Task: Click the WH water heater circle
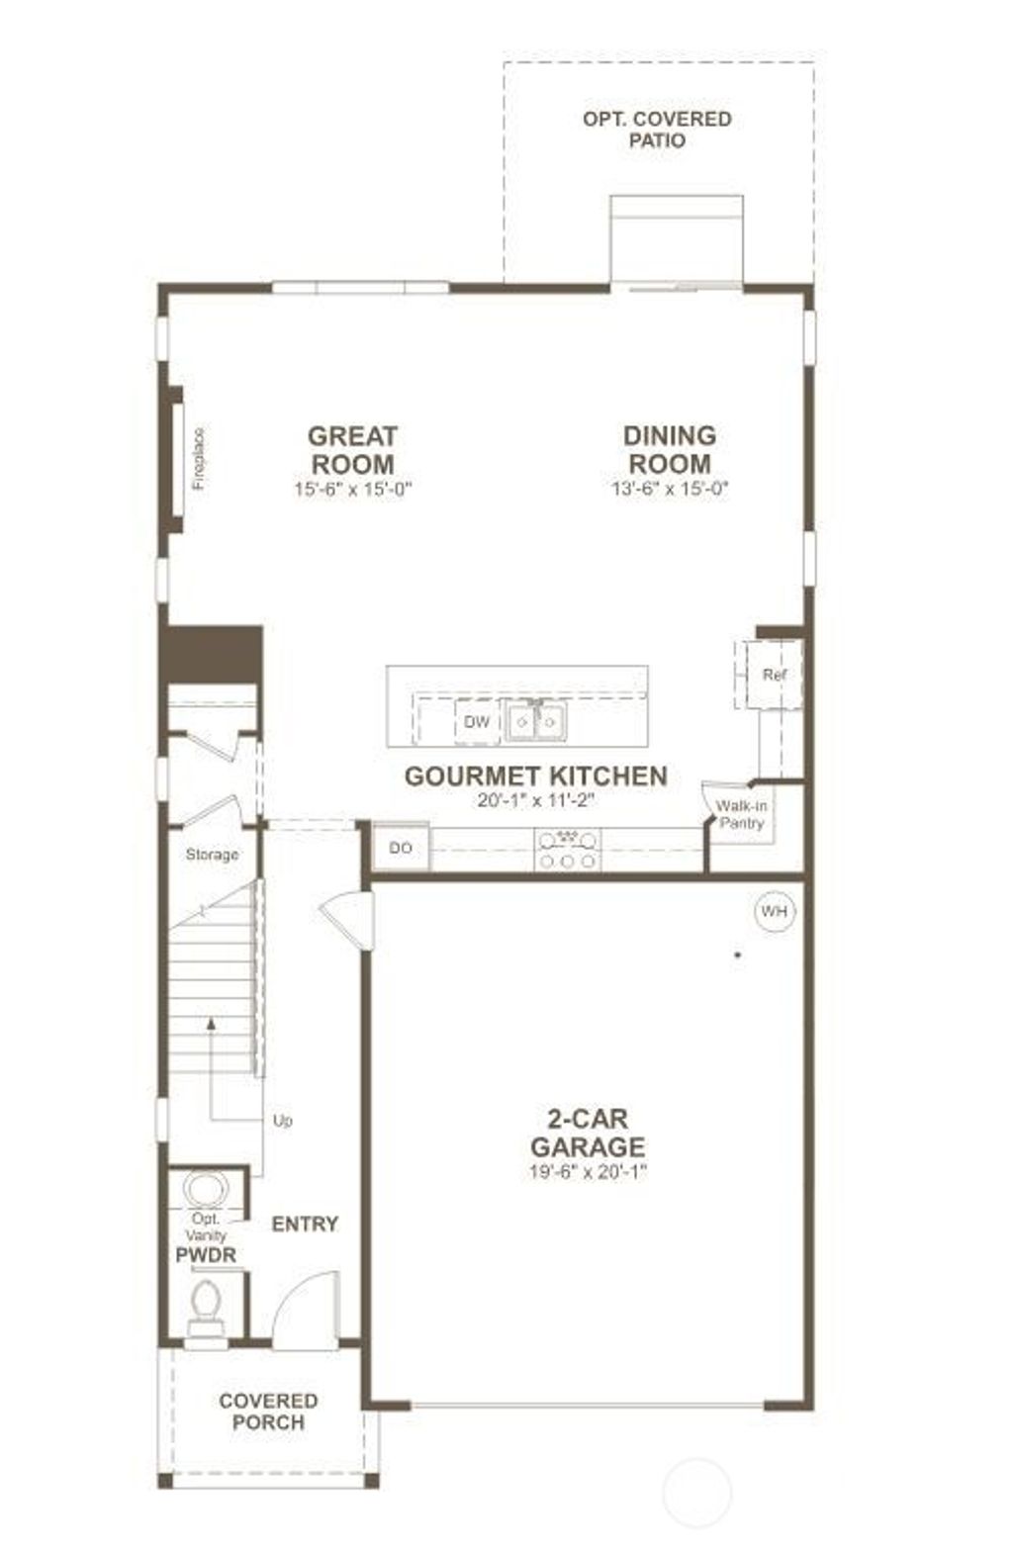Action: coord(775,911)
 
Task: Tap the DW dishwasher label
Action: coord(477,722)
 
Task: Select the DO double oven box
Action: coord(401,849)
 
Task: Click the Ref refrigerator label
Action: coord(774,675)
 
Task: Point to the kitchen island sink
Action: coord(535,721)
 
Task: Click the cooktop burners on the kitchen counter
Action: coord(567,850)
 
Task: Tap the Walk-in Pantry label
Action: coord(742,814)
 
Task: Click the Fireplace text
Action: coord(199,458)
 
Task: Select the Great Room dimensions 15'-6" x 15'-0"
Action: coord(352,489)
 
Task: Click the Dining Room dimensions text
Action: coord(670,489)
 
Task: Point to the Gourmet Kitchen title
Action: coord(535,776)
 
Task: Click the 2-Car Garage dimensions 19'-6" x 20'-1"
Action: coord(588,1173)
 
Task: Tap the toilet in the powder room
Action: coord(206,1306)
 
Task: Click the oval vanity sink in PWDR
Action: coord(206,1187)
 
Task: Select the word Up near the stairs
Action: coord(283,1121)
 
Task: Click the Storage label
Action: coord(212,854)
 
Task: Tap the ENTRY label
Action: coord(305,1224)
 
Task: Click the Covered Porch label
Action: coord(268,1412)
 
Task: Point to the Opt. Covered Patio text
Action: coord(657,130)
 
